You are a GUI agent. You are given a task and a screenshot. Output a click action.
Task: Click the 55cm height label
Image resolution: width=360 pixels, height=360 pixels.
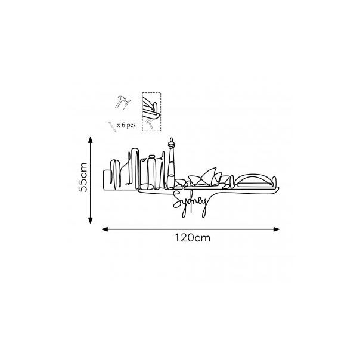point(84,178)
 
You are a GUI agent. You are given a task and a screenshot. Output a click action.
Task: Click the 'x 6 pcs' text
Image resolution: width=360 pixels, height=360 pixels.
point(126,126)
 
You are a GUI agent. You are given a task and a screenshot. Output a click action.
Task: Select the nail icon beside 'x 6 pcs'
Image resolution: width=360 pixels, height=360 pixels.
point(111,126)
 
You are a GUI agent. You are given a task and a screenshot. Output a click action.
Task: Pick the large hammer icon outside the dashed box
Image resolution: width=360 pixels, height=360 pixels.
point(122,102)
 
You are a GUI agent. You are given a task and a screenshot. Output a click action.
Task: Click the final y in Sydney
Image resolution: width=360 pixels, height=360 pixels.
point(205,206)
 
